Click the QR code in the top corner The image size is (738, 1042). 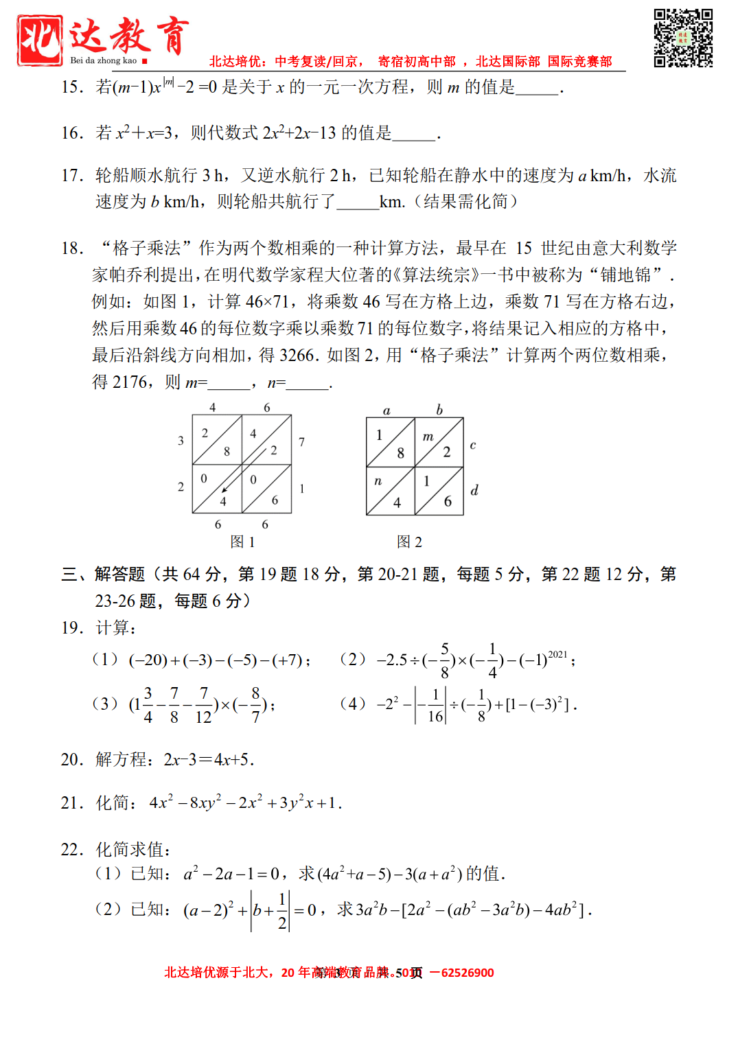point(682,38)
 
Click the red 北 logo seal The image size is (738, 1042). point(40,40)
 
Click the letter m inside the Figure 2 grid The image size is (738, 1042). point(428,437)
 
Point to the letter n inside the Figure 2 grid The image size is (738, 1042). point(378,481)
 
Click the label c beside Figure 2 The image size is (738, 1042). point(473,445)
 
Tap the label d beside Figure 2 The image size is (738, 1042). point(474,490)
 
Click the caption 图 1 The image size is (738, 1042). point(242,542)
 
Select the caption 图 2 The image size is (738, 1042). point(409,542)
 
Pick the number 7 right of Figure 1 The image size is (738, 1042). point(301,442)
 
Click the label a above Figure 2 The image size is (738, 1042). point(387,410)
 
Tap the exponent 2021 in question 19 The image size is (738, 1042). point(557,654)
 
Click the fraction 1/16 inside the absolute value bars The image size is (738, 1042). point(435,706)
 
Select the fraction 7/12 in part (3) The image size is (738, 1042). point(203,706)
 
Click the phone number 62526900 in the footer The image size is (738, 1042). point(468,973)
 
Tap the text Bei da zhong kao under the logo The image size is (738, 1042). point(103,60)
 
